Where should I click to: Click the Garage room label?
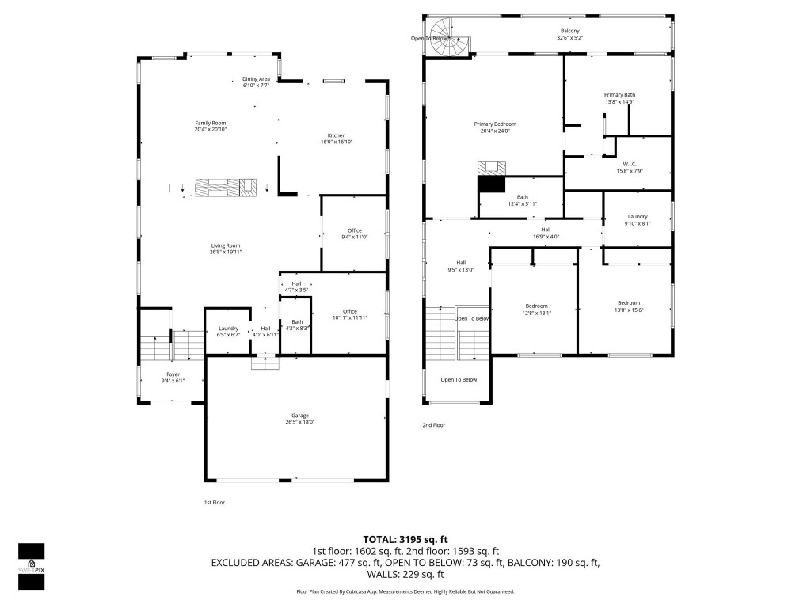coord(299,416)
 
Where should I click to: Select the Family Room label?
coord(211,123)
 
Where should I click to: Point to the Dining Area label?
coord(256,78)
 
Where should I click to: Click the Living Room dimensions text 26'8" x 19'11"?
coord(226,252)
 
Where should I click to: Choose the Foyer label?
coord(173,374)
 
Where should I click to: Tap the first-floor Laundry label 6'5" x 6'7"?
coord(228,329)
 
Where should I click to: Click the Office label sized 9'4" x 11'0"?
coord(354,230)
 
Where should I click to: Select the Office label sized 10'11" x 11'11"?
coord(350,311)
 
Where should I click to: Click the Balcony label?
coord(570,32)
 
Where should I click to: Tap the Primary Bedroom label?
coord(495,124)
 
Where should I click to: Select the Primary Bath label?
coord(619,95)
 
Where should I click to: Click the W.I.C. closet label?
coord(630,165)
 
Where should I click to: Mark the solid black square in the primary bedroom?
coord(491,184)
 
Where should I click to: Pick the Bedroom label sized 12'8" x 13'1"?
coord(536,306)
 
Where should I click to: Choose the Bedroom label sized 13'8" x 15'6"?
coord(629,303)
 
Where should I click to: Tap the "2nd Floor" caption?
coord(433,425)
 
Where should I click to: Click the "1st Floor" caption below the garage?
coord(214,502)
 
